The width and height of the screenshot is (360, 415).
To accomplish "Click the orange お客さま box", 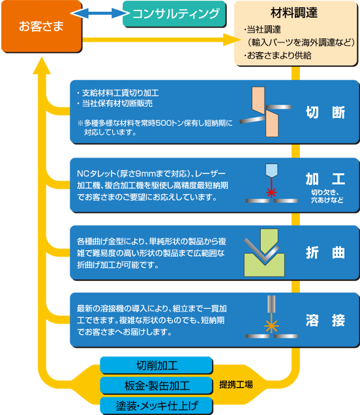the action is [x=42, y=26].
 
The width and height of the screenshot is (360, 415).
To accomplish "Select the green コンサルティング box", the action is [x=174, y=14].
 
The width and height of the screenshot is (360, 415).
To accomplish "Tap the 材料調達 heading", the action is [x=294, y=13].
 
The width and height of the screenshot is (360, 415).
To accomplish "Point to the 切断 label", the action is [x=325, y=112].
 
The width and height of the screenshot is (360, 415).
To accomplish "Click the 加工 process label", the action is [x=325, y=179].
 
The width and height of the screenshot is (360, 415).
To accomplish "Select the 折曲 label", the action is [x=325, y=253].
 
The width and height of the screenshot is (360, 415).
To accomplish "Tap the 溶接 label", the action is [x=325, y=320].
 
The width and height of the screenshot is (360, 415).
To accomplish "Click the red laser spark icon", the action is [x=271, y=192].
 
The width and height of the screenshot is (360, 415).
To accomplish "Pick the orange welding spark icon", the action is [x=271, y=326].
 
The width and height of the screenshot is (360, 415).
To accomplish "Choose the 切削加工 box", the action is [x=157, y=365].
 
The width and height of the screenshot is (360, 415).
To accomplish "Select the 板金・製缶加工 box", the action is [x=157, y=386].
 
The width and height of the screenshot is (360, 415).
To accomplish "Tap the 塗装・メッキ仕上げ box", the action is [x=157, y=405].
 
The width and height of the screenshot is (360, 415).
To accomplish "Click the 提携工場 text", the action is [x=236, y=384].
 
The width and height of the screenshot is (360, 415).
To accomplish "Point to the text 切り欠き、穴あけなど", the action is [x=327, y=196].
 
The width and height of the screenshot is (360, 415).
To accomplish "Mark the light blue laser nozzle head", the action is [x=271, y=171].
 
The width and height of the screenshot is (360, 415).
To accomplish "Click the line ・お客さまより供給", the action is [x=278, y=55].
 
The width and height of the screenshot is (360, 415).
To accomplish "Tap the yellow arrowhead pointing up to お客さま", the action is [x=42, y=65].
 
